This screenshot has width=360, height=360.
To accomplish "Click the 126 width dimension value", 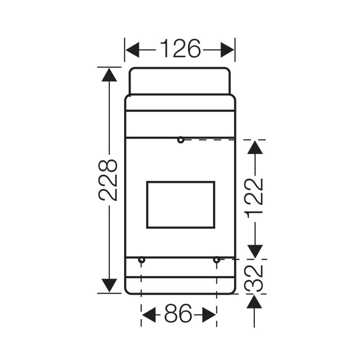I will pyautogui.click(x=180, y=49).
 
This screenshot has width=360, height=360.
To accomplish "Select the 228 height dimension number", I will pyautogui.click(x=108, y=180).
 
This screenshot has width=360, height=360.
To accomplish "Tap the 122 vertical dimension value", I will pyautogui.click(x=254, y=198).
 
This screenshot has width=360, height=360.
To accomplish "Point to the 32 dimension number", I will pyautogui.click(x=255, y=277).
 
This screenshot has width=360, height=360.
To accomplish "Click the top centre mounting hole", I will pyautogui.click(x=180, y=140).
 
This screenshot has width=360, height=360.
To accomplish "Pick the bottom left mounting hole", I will pyautogui.click(x=142, y=260).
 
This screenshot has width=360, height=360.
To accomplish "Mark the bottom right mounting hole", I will pyautogui.click(x=216, y=260).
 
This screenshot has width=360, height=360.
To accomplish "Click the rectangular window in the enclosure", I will pyautogui.click(x=180, y=205).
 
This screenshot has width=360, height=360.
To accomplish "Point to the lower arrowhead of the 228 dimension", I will pyautogui.click(x=109, y=285).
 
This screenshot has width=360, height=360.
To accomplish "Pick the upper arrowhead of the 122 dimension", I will pyautogui.click(x=255, y=147).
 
